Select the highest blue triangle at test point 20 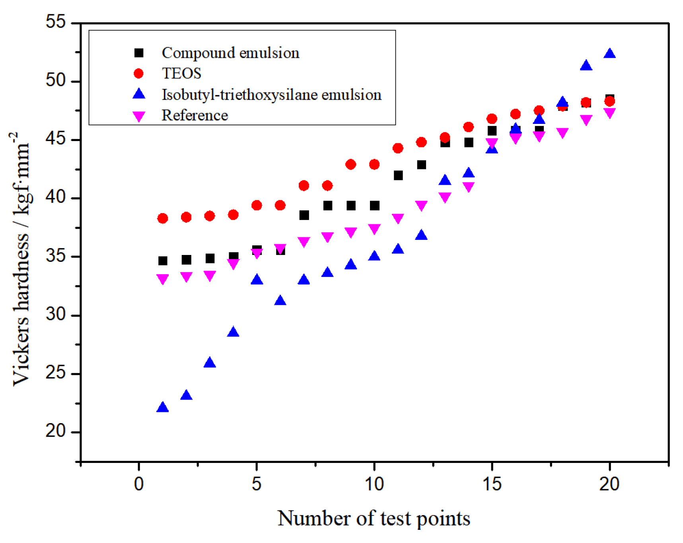pos(609,54)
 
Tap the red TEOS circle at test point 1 pos(162,218)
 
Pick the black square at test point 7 pos(304,215)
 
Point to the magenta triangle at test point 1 pos(162,278)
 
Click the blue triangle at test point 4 pos(233,332)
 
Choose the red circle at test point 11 pos(398,148)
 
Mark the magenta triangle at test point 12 pos(421,205)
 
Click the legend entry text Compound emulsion pos(230,53)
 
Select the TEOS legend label pos(181,73)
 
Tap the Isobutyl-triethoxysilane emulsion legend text pos(271,95)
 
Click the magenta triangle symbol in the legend pos(139,116)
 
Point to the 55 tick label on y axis pos(55,22)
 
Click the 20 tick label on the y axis pos(55,431)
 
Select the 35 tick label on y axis pos(55,256)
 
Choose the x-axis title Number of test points pos(374,518)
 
